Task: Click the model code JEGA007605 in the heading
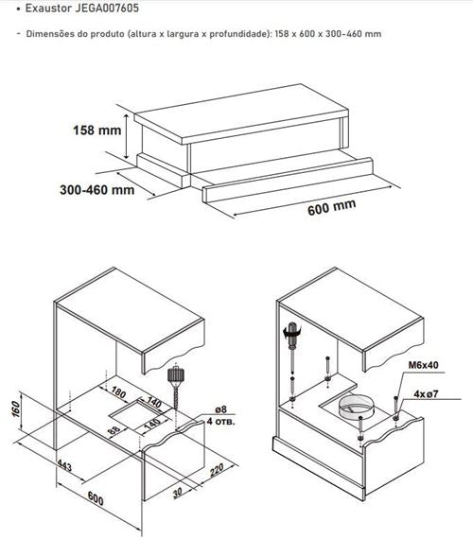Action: click(107, 8)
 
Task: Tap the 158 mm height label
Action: click(97, 130)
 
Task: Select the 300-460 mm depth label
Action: click(97, 190)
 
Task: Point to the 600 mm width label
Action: click(332, 206)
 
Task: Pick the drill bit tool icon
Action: click(175, 385)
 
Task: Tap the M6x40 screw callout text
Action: click(423, 365)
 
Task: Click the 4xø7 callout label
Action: click(426, 393)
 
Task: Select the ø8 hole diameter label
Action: click(220, 409)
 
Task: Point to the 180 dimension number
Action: click(117, 392)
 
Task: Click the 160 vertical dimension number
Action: click(16, 409)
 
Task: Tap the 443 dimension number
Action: click(64, 465)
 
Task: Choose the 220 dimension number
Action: click(217, 470)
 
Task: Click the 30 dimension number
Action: click(177, 493)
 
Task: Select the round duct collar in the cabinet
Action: click(356, 407)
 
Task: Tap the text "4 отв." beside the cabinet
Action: click(220, 421)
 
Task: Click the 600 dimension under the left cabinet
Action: click(96, 498)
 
